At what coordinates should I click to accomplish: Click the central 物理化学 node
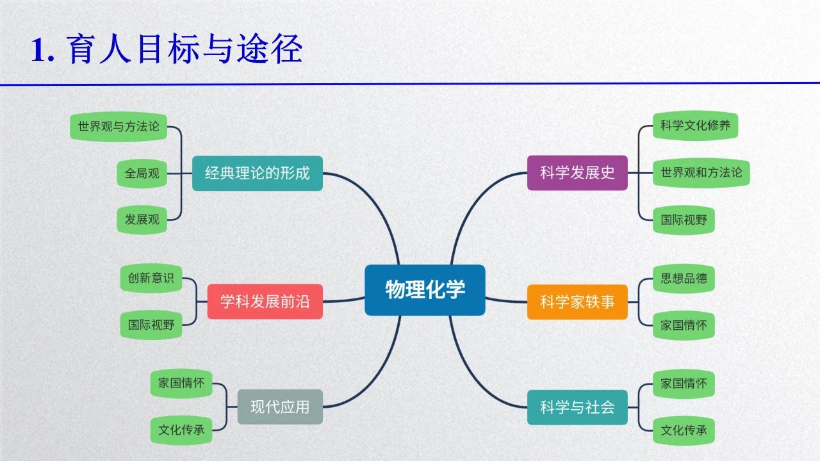point(425,289)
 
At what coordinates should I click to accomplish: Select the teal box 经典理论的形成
point(257,173)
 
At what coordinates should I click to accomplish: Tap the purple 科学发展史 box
point(577,173)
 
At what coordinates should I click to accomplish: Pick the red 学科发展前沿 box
point(265,302)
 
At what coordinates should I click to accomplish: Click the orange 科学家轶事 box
point(577,302)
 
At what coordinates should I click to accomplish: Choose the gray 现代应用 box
point(280,407)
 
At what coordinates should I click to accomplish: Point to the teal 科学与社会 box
point(577,407)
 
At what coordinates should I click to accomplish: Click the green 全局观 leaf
point(142,173)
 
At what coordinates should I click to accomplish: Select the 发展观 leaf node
point(142,220)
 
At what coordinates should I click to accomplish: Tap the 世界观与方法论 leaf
point(119,126)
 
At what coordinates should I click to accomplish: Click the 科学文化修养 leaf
point(695,125)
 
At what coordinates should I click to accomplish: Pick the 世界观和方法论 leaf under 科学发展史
point(701,173)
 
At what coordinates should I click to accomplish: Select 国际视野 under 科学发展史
point(684,220)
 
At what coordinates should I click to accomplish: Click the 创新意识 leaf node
point(151,278)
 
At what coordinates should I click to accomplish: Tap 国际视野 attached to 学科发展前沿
point(151,325)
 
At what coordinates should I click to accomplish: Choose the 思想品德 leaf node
point(684,279)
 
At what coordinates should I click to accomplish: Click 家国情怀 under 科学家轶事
point(684,325)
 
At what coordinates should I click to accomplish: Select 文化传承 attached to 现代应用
point(181,430)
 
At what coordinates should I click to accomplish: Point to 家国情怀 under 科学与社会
point(684,384)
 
